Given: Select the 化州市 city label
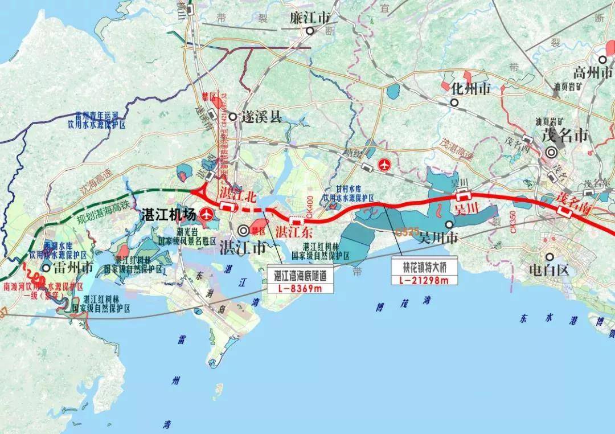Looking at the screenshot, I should [470, 89].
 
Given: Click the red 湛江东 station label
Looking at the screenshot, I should [294, 232].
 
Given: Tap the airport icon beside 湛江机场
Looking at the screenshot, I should [206, 215].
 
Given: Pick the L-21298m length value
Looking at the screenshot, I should [419, 280].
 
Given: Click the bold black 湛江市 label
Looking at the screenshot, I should [243, 248].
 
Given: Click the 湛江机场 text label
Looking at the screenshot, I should [168, 215].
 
